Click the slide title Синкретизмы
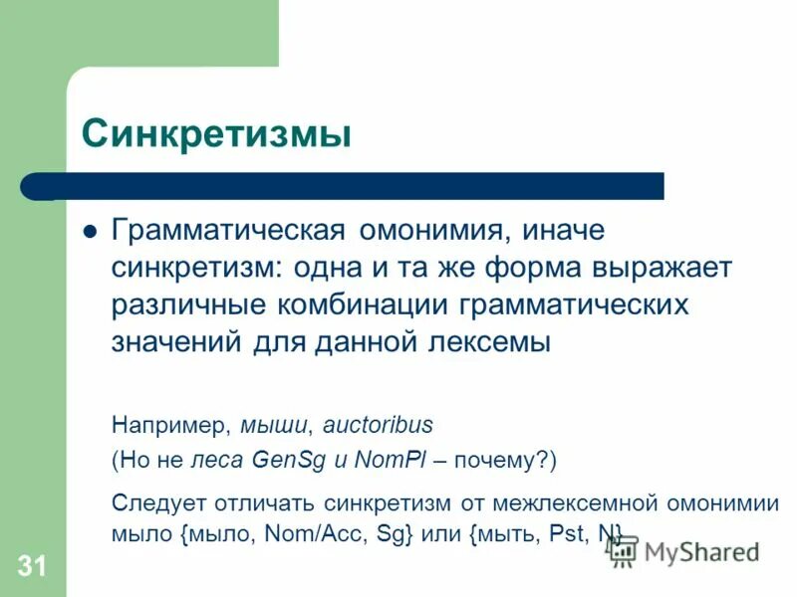click(x=216, y=133)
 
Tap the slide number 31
click(x=31, y=567)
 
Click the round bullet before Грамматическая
click(x=90, y=231)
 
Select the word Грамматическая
click(x=228, y=231)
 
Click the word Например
click(x=170, y=425)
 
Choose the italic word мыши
click(x=277, y=425)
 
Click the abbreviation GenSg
click(x=287, y=462)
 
